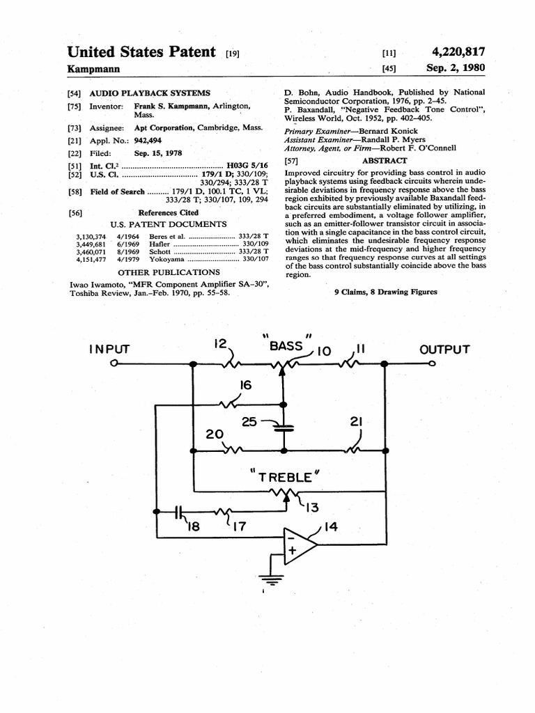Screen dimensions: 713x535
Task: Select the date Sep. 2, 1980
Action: click(x=456, y=68)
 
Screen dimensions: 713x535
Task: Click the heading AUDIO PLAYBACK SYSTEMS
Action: click(x=150, y=93)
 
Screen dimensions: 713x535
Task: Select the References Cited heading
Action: click(x=168, y=212)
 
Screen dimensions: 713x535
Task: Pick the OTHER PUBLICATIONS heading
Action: click(x=169, y=272)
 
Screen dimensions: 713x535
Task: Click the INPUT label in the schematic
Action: click(x=109, y=350)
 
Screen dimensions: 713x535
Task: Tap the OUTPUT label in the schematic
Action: click(x=444, y=350)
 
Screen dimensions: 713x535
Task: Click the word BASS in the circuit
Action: click(x=286, y=345)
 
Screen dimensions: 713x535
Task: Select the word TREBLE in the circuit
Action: click(x=284, y=477)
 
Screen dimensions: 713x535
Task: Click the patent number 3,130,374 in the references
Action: click(x=91, y=237)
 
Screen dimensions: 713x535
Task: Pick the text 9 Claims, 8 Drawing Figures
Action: click(x=386, y=292)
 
